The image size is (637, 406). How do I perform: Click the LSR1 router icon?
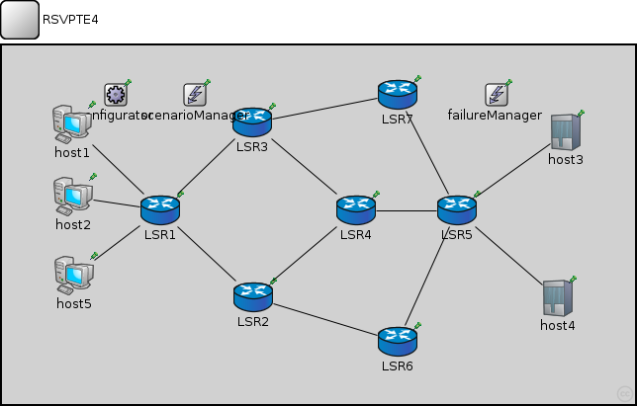tap(159, 208)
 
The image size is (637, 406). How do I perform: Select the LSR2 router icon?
tap(252, 294)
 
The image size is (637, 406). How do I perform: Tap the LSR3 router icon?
tap(251, 122)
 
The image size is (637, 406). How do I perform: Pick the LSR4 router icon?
tap(355, 208)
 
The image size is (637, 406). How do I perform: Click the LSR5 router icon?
tap(457, 208)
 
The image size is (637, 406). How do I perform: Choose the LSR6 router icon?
tap(397, 341)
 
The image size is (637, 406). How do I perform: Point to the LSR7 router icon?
tap(397, 94)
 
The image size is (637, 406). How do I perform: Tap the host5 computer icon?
tap(73, 274)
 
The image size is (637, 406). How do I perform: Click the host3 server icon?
tap(565, 131)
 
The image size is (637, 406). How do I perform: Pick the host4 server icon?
tap(557, 297)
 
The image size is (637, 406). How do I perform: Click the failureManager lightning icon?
tap(496, 95)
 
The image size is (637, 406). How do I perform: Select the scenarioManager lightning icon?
tap(195, 95)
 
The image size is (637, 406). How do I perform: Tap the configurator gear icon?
tap(116, 95)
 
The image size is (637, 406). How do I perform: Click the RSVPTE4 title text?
tap(70, 19)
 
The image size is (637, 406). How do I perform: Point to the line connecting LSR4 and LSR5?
tap(407, 210)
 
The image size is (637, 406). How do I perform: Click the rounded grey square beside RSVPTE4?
tap(20, 20)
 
